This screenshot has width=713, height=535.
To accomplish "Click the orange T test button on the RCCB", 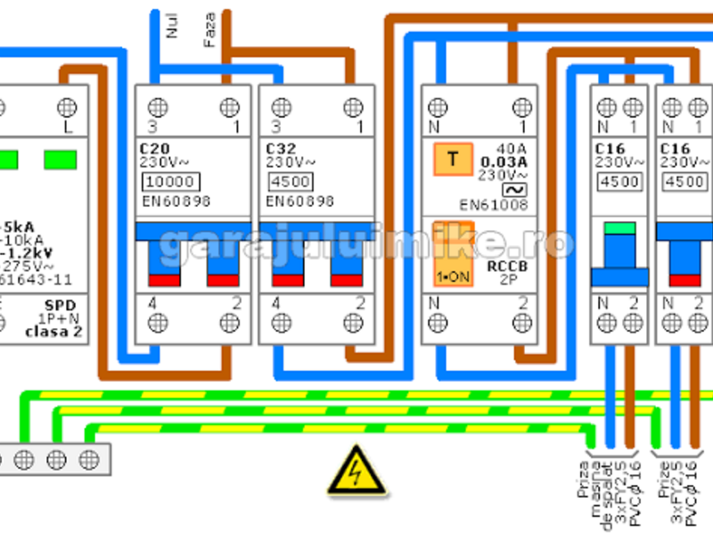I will [454, 160].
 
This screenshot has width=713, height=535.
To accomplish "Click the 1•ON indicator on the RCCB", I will [454, 276].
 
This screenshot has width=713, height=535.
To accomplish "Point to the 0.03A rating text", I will [504, 161].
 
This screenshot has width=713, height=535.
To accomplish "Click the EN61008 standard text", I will [493, 205].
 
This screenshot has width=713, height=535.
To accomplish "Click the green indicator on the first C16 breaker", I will [619, 227].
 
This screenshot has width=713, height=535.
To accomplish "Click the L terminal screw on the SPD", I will [66, 107].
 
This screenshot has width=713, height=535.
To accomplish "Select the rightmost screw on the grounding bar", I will [88, 459].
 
